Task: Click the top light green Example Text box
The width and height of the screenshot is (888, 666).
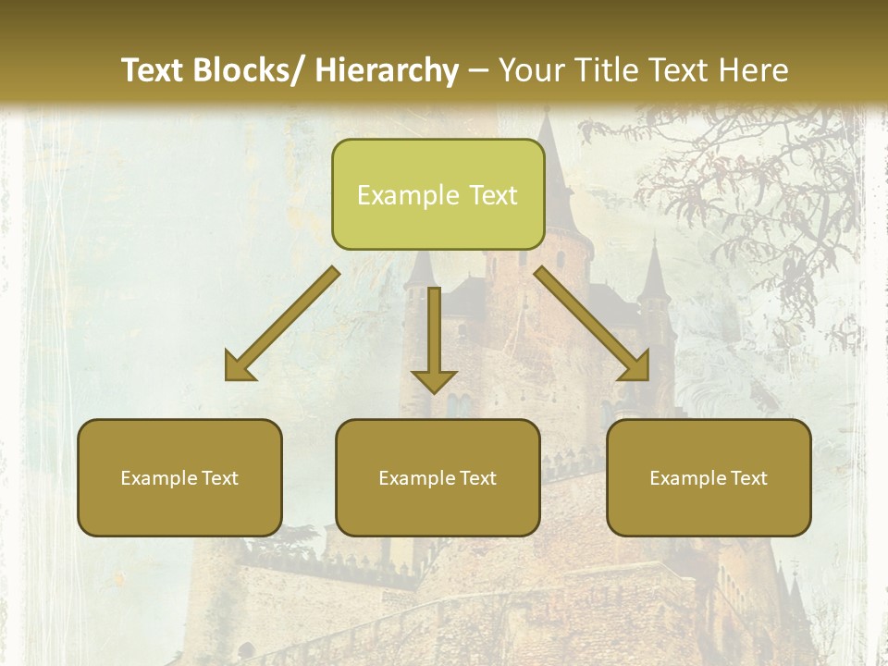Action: point(438,194)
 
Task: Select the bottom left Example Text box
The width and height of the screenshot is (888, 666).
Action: point(179,477)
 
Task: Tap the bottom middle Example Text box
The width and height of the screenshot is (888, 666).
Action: point(438,477)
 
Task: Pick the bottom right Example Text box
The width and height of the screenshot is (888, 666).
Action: point(709,477)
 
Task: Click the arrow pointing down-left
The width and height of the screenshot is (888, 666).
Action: point(282,324)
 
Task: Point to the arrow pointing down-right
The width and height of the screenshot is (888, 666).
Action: point(592,324)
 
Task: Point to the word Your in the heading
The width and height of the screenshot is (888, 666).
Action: point(531,70)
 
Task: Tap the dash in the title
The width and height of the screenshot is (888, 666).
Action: point(478,70)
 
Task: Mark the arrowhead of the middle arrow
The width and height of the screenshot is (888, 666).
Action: point(434,379)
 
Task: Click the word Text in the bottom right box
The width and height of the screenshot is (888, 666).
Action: point(748,477)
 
